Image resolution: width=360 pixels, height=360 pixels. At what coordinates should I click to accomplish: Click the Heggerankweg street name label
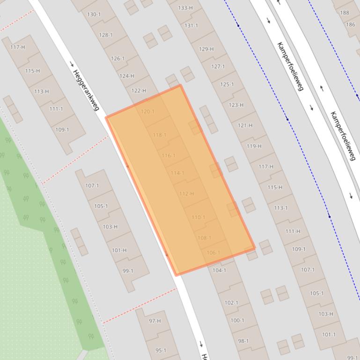[x=86, y=90]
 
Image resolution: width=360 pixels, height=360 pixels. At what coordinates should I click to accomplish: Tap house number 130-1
[x=94, y=14]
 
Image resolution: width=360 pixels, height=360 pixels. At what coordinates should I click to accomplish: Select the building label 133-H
[x=185, y=8]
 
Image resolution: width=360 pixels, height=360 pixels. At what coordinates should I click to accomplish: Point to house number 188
[x=345, y=13]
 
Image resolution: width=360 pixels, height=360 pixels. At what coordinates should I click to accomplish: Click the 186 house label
[x=350, y=24]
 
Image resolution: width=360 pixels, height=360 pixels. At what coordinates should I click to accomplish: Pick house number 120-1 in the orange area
[x=147, y=112]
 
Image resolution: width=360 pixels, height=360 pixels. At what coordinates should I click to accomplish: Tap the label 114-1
[x=177, y=173]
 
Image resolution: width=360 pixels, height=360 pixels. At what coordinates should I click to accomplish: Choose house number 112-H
[x=186, y=194]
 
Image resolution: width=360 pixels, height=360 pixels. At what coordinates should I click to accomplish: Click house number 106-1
[x=213, y=253]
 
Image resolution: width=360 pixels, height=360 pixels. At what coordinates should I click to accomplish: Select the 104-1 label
[x=219, y=270]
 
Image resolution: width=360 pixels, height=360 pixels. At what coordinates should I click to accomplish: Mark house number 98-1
[x=243, y=341]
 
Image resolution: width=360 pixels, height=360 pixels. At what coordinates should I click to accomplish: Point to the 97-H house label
[x=155, y=321]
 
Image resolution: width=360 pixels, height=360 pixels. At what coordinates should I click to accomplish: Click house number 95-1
[x=161, y=350]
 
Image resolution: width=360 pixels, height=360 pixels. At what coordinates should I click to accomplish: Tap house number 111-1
[x=56, y=109]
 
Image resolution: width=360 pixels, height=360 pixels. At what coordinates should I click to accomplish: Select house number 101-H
[x=119, y=251]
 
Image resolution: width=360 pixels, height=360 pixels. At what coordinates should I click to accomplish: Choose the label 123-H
[x=236, y=105]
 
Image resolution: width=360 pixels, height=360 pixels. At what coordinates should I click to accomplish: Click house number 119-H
[x=254, y=146]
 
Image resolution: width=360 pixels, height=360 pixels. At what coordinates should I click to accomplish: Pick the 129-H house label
[x=206, y=49]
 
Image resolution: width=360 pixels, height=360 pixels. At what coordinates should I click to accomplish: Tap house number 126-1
[x=118, y=58]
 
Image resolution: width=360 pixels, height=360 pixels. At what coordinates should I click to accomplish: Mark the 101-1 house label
[x=329, y=335]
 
